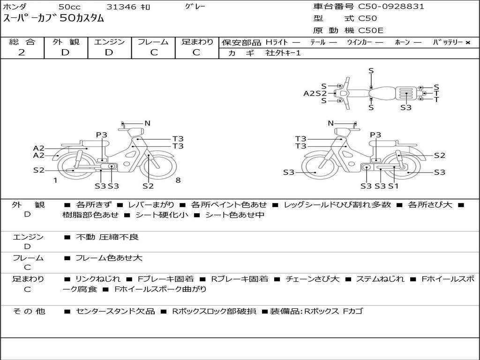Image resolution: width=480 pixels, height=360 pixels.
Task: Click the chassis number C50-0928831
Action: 391,7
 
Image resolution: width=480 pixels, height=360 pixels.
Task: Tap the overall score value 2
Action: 22,52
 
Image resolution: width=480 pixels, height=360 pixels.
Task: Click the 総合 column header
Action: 22,42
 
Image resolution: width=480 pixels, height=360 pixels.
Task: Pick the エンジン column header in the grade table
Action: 109,42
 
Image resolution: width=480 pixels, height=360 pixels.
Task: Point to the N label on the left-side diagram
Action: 147,123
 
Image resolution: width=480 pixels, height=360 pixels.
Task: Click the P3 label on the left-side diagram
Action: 101,135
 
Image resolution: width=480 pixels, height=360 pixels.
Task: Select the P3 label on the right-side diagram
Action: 375,135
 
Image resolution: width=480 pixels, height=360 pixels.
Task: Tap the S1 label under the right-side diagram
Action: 393,186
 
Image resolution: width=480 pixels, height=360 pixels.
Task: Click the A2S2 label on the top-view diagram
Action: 315,93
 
